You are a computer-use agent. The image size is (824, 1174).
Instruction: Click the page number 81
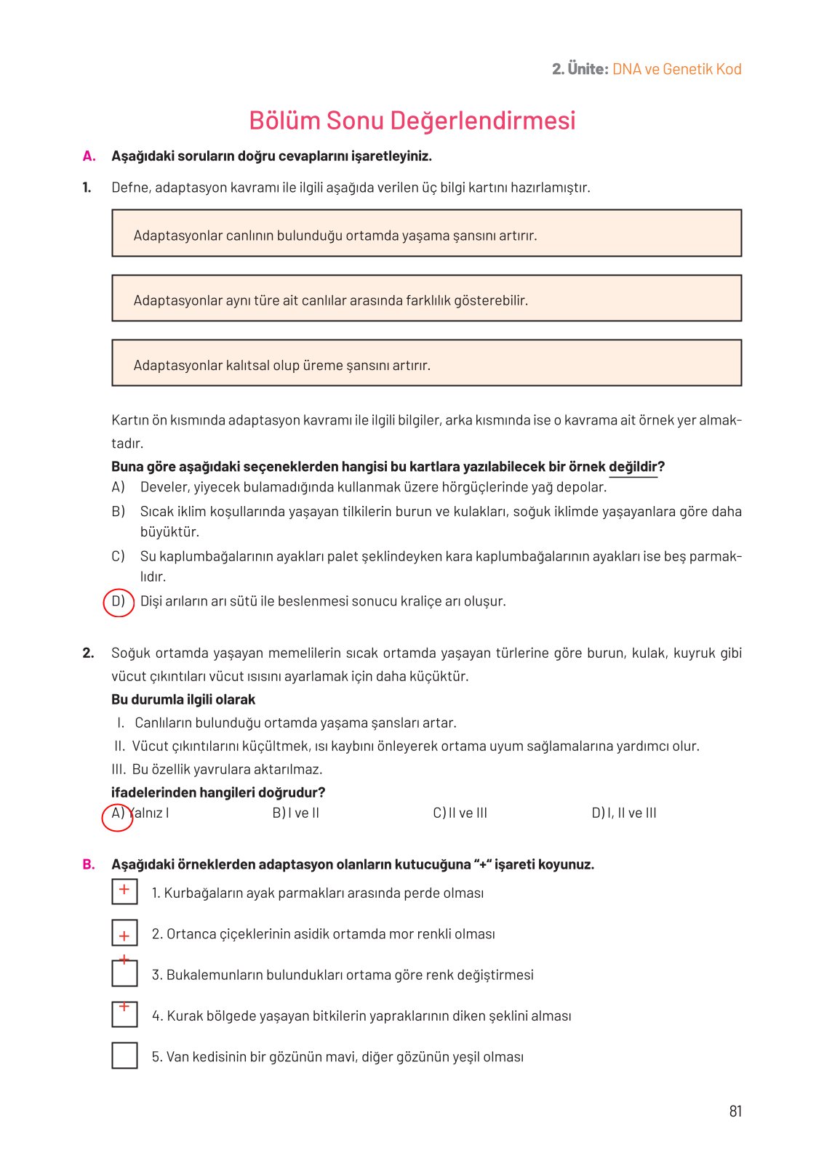pos(735,1111)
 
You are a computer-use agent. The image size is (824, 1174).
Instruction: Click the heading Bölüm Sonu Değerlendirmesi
pos(412,121)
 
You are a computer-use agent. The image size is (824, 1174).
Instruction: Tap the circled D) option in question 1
pos(119,602)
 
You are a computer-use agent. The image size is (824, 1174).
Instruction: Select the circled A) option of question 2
pos(117,814)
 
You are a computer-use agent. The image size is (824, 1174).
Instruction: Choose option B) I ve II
pos(296,813)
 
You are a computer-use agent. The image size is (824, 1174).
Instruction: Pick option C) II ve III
pos(460,813)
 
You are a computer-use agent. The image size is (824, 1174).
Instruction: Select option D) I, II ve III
pos(624,813)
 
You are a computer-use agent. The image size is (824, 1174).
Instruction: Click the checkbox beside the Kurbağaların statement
pos(124,892)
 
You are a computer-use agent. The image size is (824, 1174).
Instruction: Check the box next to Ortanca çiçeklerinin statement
pos(124,933)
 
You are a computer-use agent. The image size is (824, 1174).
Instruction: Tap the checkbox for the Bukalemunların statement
pos(124,974)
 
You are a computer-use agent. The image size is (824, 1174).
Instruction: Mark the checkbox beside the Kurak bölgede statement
pos(124,1015)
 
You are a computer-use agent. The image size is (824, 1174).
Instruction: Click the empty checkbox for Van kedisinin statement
pos(124,1056)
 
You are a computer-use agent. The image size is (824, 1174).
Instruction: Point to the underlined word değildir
pos(633,467)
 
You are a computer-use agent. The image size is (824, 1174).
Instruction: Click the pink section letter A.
pos(89,156)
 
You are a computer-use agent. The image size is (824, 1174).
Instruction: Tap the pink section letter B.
pos(89,865)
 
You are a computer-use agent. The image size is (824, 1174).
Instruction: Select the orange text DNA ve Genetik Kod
pos(677,70)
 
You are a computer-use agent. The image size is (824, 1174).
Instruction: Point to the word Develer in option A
pos(164,488)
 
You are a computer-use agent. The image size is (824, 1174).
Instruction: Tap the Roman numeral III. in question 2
pos(119,770)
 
